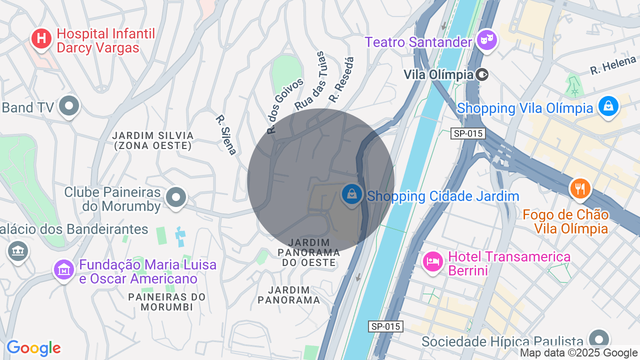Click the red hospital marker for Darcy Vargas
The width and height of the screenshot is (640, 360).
click(41, 38)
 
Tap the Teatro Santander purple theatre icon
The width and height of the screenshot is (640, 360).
click(485, 39)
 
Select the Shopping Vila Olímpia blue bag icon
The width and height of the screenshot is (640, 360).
click(608, 106)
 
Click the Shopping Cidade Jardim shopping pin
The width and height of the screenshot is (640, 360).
click(352, 194)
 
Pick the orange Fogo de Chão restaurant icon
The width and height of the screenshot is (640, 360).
click(580, 188)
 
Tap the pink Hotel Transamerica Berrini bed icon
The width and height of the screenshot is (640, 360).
click(432, 261)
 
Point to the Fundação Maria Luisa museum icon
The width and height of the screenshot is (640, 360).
click(64, 269)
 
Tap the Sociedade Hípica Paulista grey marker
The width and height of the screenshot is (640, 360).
click(599, 338)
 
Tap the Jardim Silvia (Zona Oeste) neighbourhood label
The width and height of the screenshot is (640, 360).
click(152, 140)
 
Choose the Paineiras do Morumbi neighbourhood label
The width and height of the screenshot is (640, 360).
click(167, 301)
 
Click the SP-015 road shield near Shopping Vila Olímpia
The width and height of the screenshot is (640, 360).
click(467, 133)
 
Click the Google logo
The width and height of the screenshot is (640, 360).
click(33, 348)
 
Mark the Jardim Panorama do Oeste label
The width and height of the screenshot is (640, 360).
click(309, 252)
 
